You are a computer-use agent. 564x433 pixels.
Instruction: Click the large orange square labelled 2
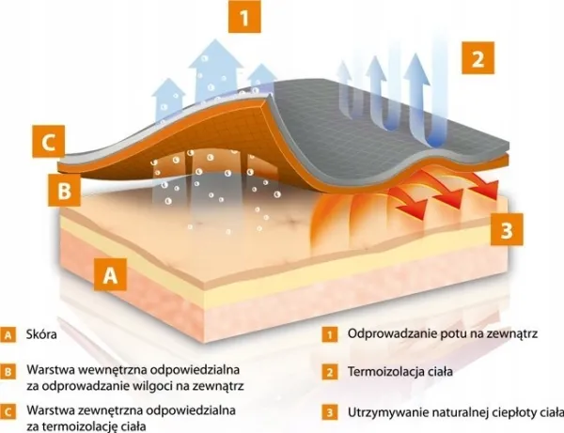pyautogui.click(x=478, y=60)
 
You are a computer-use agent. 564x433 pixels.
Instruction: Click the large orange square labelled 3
pyautogui.click(x=507, y=229)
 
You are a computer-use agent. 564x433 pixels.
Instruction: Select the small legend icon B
pyautogui.click(x=8, y=370)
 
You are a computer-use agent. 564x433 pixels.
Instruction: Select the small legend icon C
pyautogui.click(x=8, y=411)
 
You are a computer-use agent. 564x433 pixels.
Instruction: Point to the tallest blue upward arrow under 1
pyautogui.click(x=215, y=75)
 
